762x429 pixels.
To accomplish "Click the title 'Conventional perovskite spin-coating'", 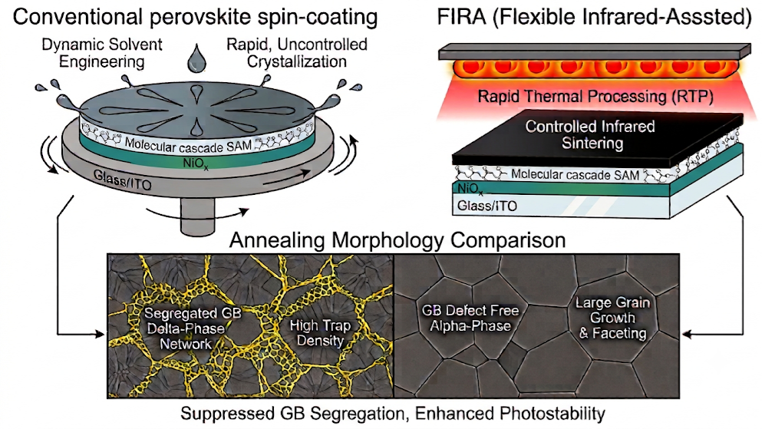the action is (196, 17).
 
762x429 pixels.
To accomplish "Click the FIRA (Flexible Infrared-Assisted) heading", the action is (595, 17).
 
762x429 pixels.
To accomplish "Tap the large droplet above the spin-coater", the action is (196, 58).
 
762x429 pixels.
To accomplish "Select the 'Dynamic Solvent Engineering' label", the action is (102, 53).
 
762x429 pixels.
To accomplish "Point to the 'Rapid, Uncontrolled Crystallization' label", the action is (297, 53).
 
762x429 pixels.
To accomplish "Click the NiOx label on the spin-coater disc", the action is (196, 163).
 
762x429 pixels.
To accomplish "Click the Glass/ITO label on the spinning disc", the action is (123, 180).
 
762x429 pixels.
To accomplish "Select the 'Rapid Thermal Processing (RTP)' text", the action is (595, 96).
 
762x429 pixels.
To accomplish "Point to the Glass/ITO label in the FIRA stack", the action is (487, 206).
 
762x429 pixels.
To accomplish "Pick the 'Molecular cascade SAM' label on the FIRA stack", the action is (576, 174).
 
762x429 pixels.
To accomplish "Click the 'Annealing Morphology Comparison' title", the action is (397, 240).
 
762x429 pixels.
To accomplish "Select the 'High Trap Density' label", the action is (320, 333).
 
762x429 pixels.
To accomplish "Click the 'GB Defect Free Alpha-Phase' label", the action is (470, 318).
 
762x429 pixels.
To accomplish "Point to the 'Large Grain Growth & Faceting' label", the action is (613, 318).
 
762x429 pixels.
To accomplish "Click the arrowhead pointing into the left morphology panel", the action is (101, 334).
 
